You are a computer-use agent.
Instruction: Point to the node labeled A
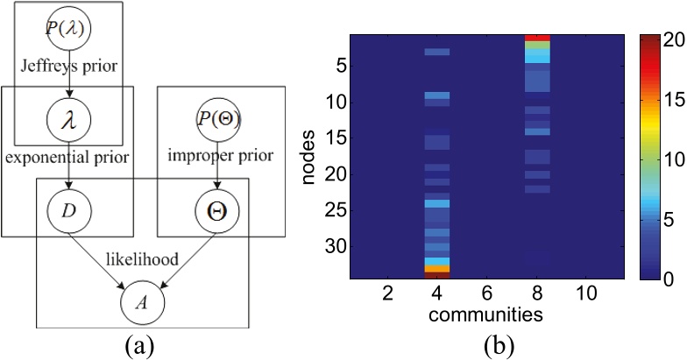tap(143, 303)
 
